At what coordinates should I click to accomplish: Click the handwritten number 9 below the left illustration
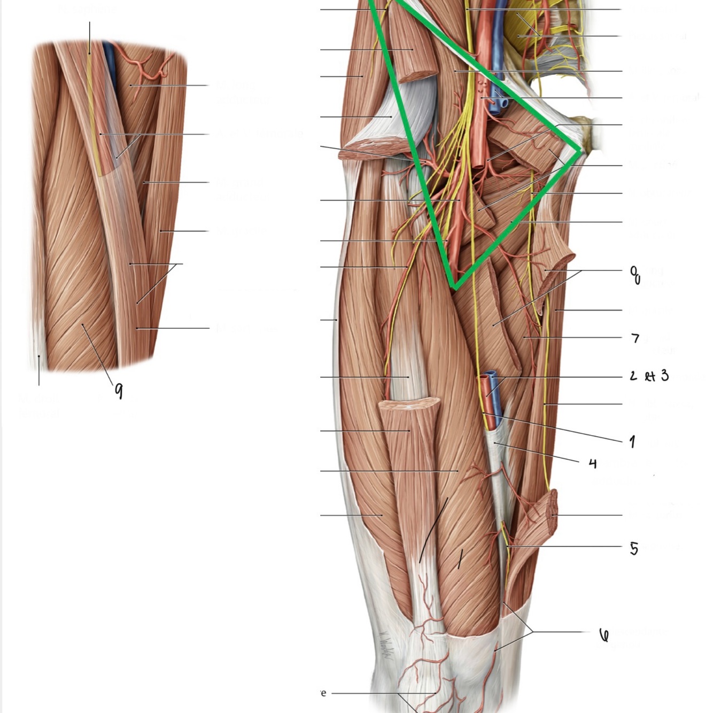119,391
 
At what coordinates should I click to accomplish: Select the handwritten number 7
635,338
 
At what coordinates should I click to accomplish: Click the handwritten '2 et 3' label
649,376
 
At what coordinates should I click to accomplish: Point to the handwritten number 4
592,463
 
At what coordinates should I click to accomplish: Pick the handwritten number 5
634,548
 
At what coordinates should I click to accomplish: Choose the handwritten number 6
604,634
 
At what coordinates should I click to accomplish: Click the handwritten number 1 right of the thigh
633,441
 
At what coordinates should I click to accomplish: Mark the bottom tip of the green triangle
454,287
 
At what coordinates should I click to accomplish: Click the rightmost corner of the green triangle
580,151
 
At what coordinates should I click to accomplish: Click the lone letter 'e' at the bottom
323,693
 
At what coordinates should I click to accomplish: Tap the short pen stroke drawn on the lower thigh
459,559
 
